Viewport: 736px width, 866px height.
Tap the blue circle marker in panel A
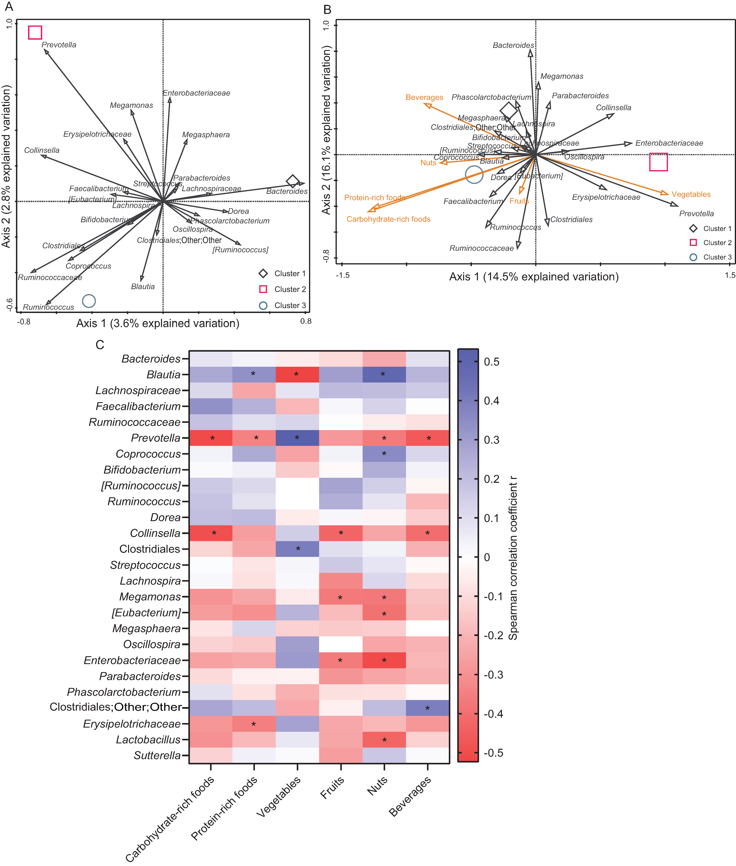coord(89,301)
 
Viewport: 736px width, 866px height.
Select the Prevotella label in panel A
coord(59,45)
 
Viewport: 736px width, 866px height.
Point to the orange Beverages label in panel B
coord(424,97)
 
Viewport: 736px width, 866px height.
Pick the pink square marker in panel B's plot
coord(658,162)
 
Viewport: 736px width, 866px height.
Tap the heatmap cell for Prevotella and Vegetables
coord(297,438)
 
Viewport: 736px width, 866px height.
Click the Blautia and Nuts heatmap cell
coord(384,375)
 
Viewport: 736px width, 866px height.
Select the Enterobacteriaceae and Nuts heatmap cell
coord(384,660)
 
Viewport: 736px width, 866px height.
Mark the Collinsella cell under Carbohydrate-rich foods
coord(211,533)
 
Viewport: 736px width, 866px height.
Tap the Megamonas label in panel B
coord(562,76)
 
